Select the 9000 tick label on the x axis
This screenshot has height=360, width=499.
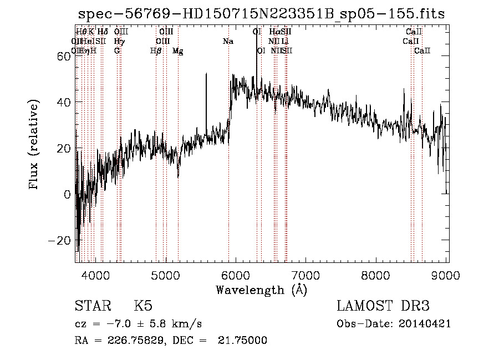447,275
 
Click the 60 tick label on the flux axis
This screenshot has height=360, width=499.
64,56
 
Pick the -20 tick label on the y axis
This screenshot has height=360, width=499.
60,241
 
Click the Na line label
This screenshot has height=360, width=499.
228,41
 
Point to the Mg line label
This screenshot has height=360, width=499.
177,50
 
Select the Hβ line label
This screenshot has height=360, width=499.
156,50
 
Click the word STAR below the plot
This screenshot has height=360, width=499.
90,306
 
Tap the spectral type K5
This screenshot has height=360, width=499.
143,306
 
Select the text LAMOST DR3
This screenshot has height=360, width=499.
383,306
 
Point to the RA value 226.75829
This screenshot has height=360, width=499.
131,340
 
